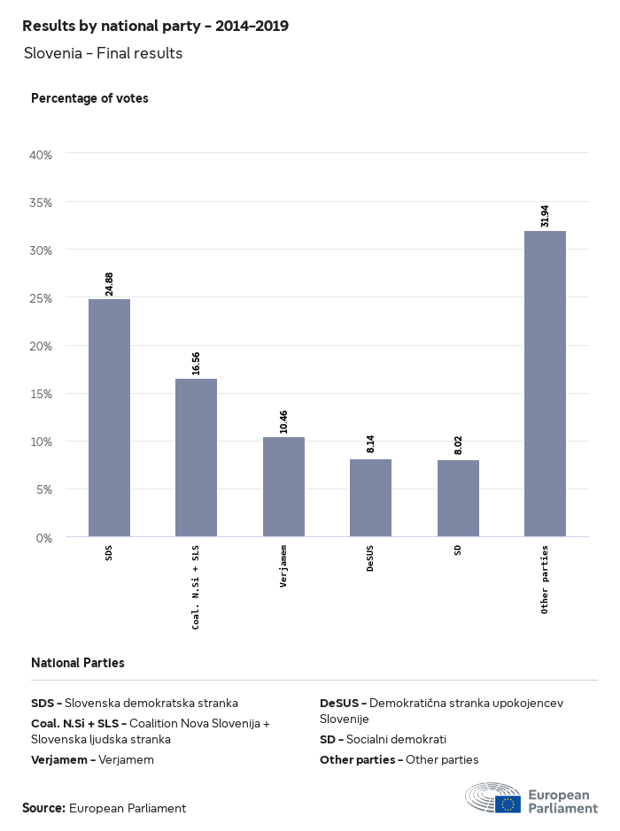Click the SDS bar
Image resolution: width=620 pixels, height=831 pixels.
[109, 418]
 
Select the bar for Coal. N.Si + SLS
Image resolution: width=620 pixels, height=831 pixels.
[196, 458]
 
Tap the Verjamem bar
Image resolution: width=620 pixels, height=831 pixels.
[283, 487]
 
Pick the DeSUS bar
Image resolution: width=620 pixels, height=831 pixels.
[370, 497]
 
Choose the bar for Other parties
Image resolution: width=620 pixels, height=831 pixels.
[545, 383]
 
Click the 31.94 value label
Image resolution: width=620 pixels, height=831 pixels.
[545, 216]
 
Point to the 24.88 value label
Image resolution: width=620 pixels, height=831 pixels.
[109, 283]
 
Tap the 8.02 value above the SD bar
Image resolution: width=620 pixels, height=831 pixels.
[458, 444]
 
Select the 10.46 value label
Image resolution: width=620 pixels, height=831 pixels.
[283, 421]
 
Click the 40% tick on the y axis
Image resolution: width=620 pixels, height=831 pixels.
[42, 155]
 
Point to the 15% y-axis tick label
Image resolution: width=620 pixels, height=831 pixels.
[42, 394]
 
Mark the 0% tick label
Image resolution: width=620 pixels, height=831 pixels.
[44, 537]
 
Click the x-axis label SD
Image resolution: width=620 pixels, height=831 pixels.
[458, 550]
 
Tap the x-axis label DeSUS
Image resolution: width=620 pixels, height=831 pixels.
[370, 558]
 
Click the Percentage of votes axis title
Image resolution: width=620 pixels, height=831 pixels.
[89, 98]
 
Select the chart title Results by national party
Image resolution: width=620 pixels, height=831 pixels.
[155, 26]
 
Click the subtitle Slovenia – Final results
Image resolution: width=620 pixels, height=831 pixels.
[104, 53]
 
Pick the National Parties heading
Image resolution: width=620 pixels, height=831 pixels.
[78, 662]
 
